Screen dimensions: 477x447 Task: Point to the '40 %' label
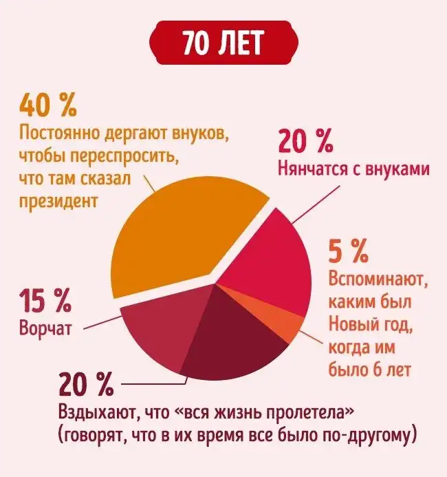point(48,106)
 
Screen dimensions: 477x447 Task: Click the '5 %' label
point(349,253)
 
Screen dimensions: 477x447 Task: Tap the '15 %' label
point(45,301)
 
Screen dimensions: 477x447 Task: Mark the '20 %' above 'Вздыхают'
point(85,384)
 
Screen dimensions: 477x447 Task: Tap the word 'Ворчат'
point(45,327)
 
